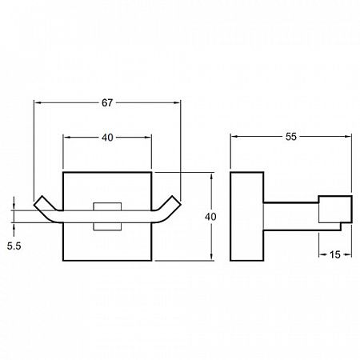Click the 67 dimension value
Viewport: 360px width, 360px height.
pyautogui.click(x=107, y=102)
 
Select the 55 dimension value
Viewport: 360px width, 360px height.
pyautogui.click(x=291, y=137)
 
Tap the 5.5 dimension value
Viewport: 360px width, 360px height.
pyautogui.click(x=14, y=246)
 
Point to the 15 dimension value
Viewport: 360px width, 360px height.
pyautogui.click(x=335, y=254)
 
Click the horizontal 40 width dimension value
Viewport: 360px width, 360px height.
pyautogui.click(x=107, y=138)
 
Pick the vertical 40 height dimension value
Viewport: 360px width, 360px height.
pyautogui.click(x=210, y=217)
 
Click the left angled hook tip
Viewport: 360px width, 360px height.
pyautogui.click(x=38, y=201)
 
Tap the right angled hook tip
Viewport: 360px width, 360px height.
pyautogui.click(x=177, y=201)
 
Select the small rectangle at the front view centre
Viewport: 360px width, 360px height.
pyautogui.click(x=107, y=216)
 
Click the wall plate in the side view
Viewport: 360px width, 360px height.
pyautogui.click(x=247, y=216)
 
